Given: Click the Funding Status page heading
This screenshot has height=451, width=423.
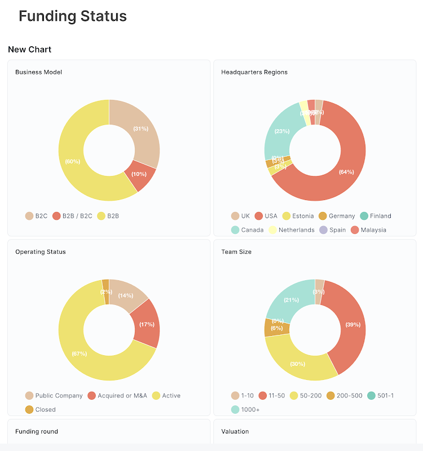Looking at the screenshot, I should tap(72, 16).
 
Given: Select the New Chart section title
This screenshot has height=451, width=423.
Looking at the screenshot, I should tap(29, 50).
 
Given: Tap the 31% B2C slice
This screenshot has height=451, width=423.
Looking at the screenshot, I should tap(140, 129).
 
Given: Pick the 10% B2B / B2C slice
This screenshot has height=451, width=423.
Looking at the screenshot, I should tap(139, 174).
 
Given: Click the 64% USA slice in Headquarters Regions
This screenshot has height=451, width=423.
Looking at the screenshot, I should tap(346, 171).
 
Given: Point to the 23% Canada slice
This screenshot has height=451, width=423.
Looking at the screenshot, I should tap(282, 131).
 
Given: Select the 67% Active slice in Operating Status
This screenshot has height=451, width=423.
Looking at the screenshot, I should tap(80, 353).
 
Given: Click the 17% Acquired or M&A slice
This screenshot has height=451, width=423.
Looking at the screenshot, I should tap(147, 324).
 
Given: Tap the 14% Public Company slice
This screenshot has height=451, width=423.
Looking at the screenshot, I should tap(126, 295).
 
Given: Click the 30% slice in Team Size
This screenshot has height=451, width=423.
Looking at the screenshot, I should tap(298, 364).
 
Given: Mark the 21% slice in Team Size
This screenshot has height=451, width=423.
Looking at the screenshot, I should tap(291, 300).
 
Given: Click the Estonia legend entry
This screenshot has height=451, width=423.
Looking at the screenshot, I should tap(298, 216).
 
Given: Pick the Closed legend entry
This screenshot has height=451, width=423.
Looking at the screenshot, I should tap(40, 410).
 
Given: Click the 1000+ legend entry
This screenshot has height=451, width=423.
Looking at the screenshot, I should tap(245, 410).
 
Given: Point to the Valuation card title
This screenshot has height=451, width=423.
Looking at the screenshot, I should tap(235, 432).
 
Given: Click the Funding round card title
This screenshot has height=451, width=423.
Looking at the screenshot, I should tap(37, 432).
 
